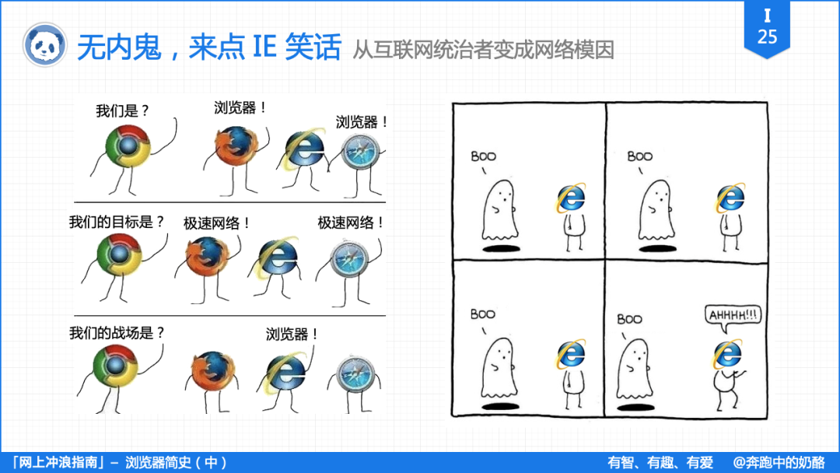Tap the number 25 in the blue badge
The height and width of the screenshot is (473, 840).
click(767, 37)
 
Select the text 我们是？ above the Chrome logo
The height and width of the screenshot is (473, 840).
click(122, 110)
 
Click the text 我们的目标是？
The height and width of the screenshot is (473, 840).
click(117, 222)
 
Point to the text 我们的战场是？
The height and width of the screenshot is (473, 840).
click(117, 333)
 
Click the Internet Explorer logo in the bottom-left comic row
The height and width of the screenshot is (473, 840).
click(286, 373)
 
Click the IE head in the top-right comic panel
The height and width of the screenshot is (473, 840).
click(730, 198)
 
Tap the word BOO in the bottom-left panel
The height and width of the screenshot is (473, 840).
click(482, 314)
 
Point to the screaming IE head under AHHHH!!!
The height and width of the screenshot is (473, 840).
click(726, 356)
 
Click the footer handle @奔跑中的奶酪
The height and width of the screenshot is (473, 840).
click(779, 462)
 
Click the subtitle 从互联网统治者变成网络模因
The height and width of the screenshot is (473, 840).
click(483, 50)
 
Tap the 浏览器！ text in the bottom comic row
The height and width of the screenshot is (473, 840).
click(292, 335)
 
